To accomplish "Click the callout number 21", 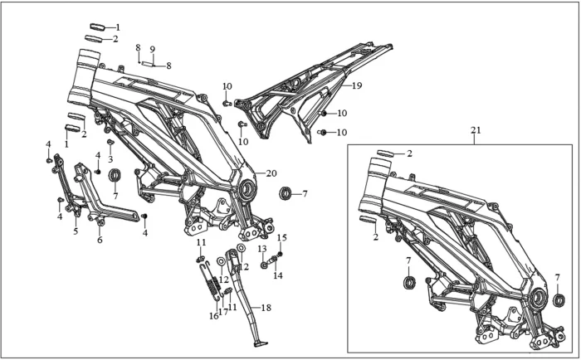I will tap(476, 130).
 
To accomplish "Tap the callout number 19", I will tap(357, 85).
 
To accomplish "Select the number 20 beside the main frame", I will tap(271, 173).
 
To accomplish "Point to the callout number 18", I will tap(266, 308).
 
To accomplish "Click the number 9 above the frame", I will tap(152, 49).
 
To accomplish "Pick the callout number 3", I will tap(110, 158).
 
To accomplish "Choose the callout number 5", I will tap(76, 232).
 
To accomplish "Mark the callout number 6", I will tap(100, 241).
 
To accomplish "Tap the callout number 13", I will tap(261, 249).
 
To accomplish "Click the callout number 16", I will tap(212, 316).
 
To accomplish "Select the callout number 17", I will tap(223, 313).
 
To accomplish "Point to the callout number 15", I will tap(281, 238).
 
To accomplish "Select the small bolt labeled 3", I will tap(109, 142).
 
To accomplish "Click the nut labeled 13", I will tap(263, 265).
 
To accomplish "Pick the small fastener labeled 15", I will tap(280, 253).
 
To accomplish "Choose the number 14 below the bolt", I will tap(279, 275).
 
